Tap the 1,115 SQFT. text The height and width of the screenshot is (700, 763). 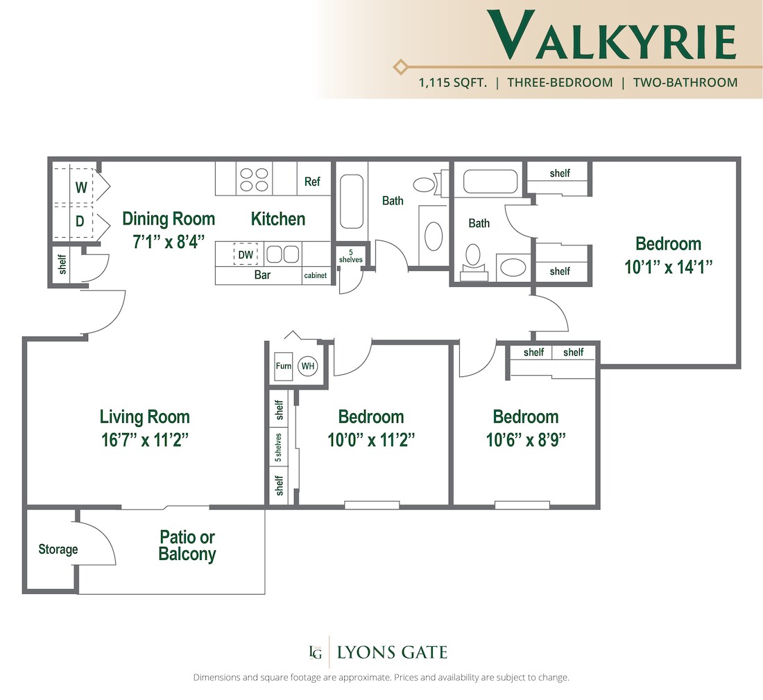pos(452,82)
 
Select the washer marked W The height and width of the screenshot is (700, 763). pos(81,186)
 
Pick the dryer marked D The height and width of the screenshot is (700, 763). pos(80,222)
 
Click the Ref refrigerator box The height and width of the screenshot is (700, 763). pos(312,182)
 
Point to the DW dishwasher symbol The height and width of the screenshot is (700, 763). pos(246,254)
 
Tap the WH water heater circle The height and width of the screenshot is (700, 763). pos(307,365)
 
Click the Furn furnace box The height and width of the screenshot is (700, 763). pos(283,365)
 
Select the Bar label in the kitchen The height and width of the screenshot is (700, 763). pos(262,275)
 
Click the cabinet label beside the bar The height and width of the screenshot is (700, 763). pos(315,276)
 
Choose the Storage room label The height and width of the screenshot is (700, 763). pos(58,550)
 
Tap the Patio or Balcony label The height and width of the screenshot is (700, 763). pos(187,545)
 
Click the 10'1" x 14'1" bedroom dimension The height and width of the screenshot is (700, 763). pos(668,266)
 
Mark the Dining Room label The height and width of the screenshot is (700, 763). pos(169,219)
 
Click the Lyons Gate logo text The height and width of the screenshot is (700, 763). pos(392,652)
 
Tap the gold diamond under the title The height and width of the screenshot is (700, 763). pos(400,67)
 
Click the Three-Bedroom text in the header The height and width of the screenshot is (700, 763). pos(560,82)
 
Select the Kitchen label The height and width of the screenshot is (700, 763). pos(277,219)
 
